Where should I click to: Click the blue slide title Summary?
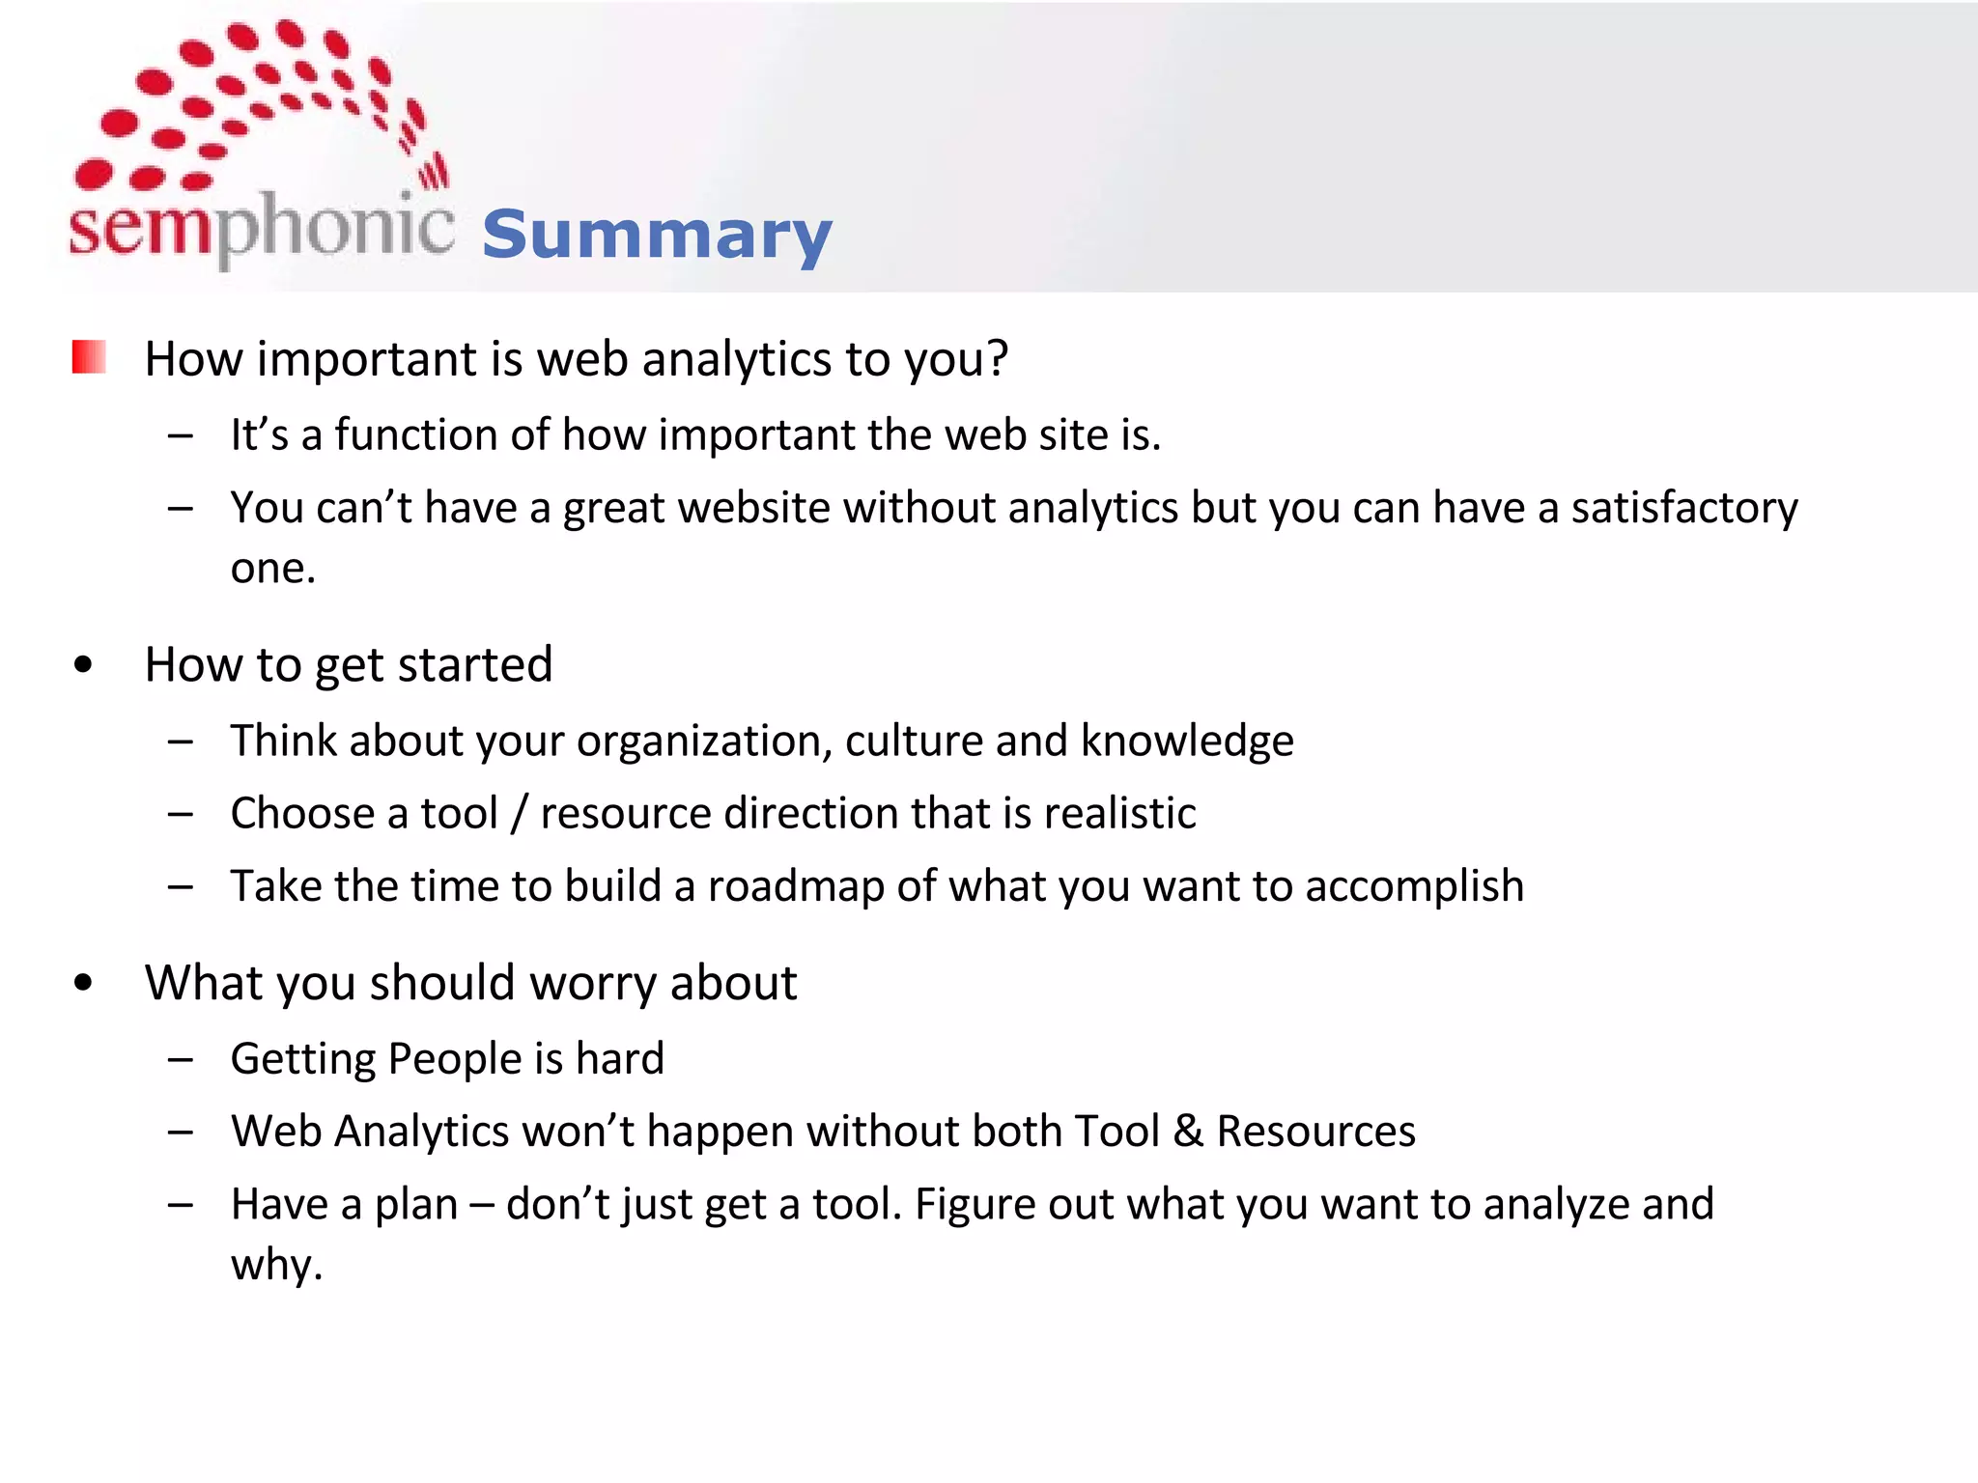point(657,235)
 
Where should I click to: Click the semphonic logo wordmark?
point(261,227)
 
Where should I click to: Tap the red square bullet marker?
point(89,356)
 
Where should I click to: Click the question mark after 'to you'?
point(996,358)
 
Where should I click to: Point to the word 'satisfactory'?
point(1684,508)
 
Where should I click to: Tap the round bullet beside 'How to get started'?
point(83,664)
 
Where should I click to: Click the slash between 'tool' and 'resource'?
point(520,813)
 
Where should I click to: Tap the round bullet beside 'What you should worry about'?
point(83,983)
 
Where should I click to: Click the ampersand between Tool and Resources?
point(1188,1132)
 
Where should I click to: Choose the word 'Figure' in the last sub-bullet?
point(975,1205)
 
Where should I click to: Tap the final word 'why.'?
point(276,1265)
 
